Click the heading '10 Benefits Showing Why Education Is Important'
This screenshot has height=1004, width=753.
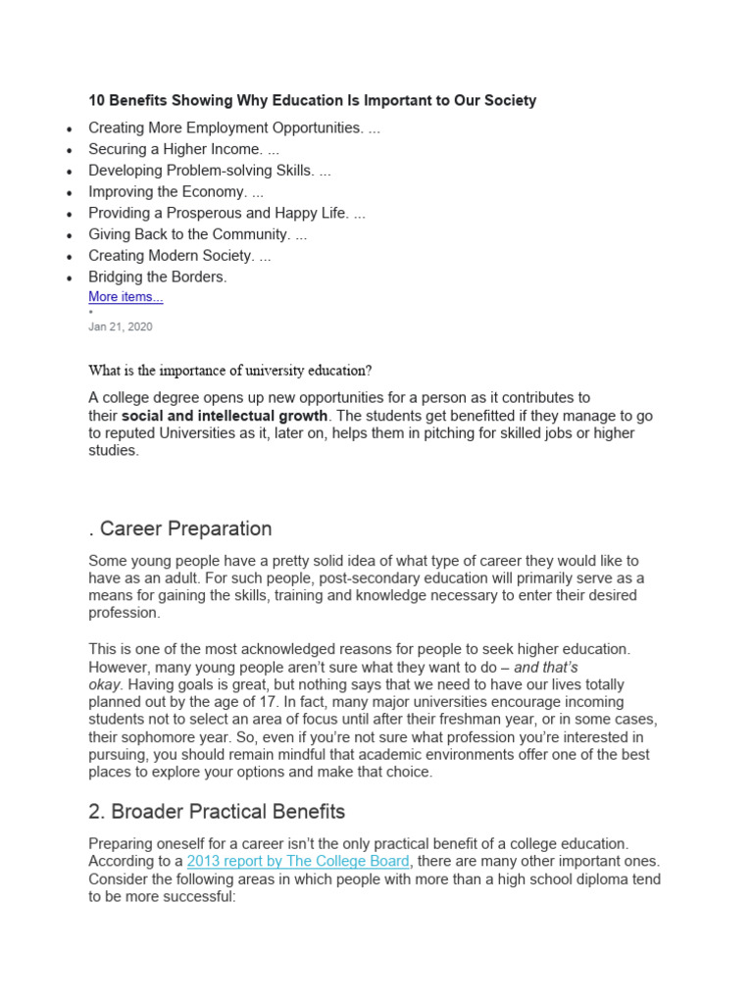click(x=312, y=101)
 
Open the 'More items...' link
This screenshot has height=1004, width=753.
click(x=125, y=297)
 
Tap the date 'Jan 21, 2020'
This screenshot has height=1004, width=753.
click(x=120, y=326)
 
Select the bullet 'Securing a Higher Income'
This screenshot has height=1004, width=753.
click(x=176, y=149)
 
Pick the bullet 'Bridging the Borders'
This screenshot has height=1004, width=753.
click(x=157, y=276)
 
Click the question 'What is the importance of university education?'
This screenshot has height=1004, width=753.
click(x=230, y=371)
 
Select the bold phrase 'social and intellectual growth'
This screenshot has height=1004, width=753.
click(x=225, y=416)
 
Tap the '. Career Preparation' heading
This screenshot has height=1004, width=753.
click(x=180, y=528)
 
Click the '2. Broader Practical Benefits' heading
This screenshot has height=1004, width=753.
click(x=217, y=812)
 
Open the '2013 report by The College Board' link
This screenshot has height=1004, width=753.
click(x=298, y=861)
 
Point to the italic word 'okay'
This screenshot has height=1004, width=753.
click(x=105, y=684)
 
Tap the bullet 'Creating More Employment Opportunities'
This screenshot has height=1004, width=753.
click(x=225, y=127)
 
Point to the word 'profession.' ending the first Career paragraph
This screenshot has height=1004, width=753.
click(x=124, y=613)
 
